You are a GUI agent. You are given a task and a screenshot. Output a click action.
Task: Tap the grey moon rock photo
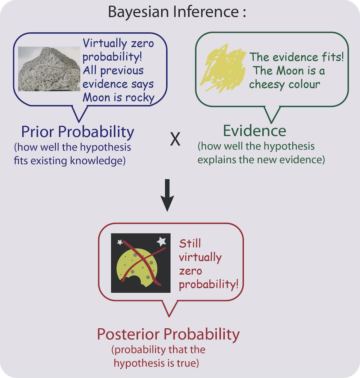click(49, 69)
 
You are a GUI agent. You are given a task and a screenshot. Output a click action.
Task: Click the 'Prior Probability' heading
click(77, 132)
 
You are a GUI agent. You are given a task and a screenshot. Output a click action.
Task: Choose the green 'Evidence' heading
click(255, 131)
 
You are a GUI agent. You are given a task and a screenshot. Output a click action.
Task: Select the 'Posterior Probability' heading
click(168, 334)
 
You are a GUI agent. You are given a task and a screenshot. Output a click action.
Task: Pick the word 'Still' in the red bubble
click(190, 243)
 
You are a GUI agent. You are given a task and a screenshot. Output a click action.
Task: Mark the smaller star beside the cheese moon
click(120, 243)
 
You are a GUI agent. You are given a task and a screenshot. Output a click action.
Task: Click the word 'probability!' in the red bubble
click(209, 284)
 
